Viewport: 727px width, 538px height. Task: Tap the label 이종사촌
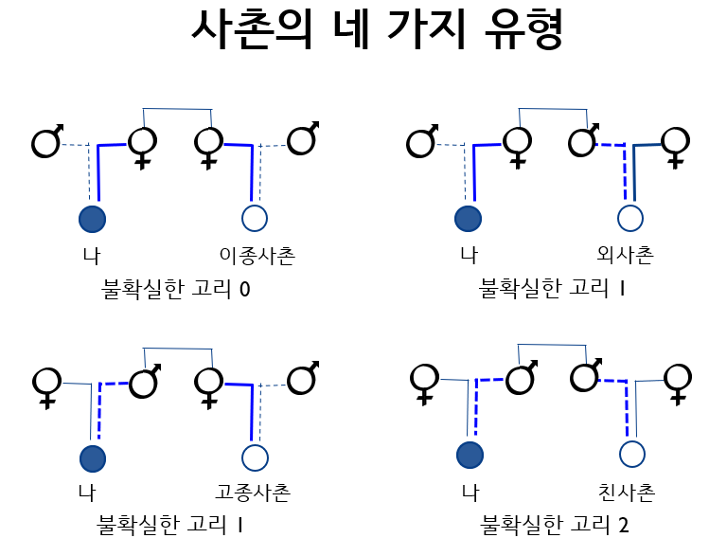tap(257, 256)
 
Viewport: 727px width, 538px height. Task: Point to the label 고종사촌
tap(253, 493)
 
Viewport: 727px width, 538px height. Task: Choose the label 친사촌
tap(627, 493)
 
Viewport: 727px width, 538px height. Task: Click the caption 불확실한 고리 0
tap(175, 288)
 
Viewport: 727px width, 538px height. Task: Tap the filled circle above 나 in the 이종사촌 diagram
tap(92, 219)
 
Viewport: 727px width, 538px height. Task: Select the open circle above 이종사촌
tap(254, 219)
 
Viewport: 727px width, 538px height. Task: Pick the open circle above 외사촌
tap(629, 219)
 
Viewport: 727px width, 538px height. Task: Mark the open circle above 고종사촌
tap(253, 458)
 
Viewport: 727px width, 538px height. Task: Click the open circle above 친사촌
tap(632, 454)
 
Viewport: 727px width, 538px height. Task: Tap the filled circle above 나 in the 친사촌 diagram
tap(470, 455)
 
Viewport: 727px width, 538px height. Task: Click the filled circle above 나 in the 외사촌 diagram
tap(468, 219)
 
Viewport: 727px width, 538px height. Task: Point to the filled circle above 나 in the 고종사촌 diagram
tap(92, 458)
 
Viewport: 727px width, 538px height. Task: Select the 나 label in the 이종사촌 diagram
tap(91, 256)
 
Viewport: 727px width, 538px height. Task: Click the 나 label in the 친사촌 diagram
tap(469, 493)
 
